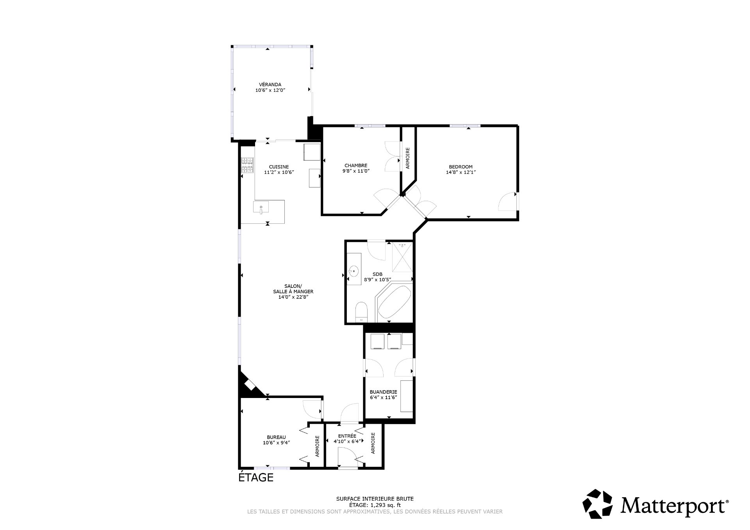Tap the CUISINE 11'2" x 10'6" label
[x=279, y=169]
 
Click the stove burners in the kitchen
[x=247, y=165]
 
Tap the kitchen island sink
[x=261, y=207]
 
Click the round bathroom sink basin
[x=354, y=270]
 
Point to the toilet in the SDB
[x=361, y=312]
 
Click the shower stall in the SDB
[x=402, y=257]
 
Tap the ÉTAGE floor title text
[x=256, y=477]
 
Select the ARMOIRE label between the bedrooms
[x=408, y=158]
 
